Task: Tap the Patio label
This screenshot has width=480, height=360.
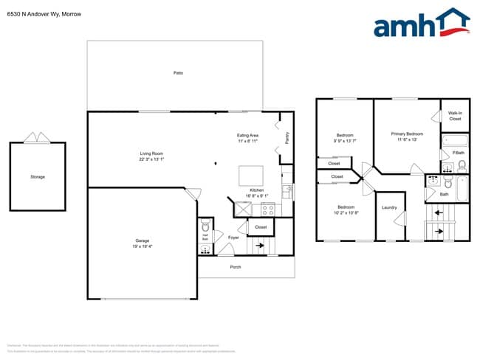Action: pyautogui.click(x=178, y=73)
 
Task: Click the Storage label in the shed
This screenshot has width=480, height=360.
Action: pyautogui.click(x=38, y=177)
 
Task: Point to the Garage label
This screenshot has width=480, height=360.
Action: pyautogui.click(x=143, y=241)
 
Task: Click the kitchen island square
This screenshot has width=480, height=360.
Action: pyautogui.click(x=250, y=176)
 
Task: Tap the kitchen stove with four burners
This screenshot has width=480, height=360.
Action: pyautogui.click(x=268, y=210)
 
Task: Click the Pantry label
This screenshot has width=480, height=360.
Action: pyautogui.click(x=287, y=137)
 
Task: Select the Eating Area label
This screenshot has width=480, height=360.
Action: pyautogui.click(x=247, y=135)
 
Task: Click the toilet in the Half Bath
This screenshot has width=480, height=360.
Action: pyautogui.click(x=206, y=228)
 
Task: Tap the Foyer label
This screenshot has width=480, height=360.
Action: pyautogui.click(x=233, y=238)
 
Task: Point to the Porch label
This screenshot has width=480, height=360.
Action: pyautogui.click(x=236, y=266)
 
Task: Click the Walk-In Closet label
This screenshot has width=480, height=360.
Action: pyautogui.click(x=455, y=116)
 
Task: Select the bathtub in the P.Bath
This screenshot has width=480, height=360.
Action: pyautogui.click(x=454, y=140)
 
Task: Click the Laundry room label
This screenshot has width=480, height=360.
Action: pyautogui.click(x=389, y=207)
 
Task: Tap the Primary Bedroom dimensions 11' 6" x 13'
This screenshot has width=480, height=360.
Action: pyautogui.click(x=407, y=139)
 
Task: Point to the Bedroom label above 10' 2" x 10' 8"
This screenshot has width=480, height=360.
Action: pyautogui.click(x=345, y=207)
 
